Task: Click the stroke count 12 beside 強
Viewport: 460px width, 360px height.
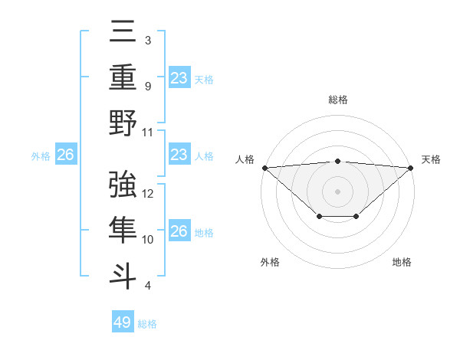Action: click(149, 194)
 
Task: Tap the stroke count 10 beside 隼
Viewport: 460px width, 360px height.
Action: click(149, 240)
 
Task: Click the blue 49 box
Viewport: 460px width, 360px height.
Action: click(123, 322)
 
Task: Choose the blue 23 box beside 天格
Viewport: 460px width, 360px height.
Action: click(179, 77)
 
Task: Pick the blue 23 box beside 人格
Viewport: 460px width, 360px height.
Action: click(179, 155)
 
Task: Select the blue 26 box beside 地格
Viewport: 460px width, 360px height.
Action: click(179, 231)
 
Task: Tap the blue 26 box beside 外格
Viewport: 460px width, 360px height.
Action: click(65, 155)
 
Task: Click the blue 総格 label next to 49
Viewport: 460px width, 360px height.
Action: click(147, 324)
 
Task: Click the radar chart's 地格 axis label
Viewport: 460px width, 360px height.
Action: click(402, 263)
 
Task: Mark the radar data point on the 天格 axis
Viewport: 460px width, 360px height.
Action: click(411, 168)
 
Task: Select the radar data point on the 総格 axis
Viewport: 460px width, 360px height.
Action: click(337, 161)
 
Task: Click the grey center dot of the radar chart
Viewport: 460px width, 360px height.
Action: click(337, 191)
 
